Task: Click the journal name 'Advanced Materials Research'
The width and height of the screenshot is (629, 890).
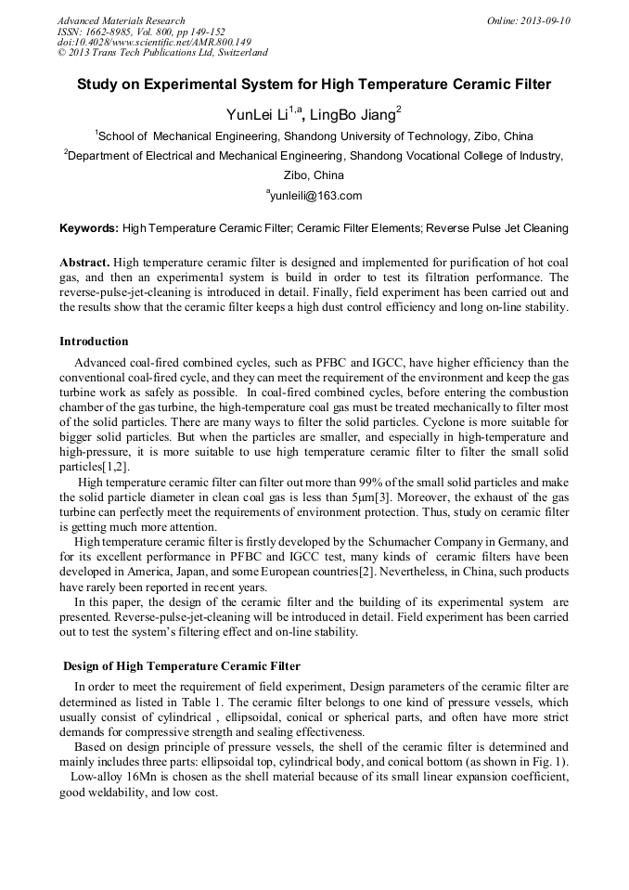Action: (121, 20)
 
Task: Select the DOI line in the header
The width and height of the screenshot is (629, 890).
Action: (153, 43)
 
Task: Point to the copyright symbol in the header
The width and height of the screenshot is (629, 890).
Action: (61, 54)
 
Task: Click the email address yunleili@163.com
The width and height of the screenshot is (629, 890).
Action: (315, 196)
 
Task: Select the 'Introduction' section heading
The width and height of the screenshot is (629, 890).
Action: (94, 342)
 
